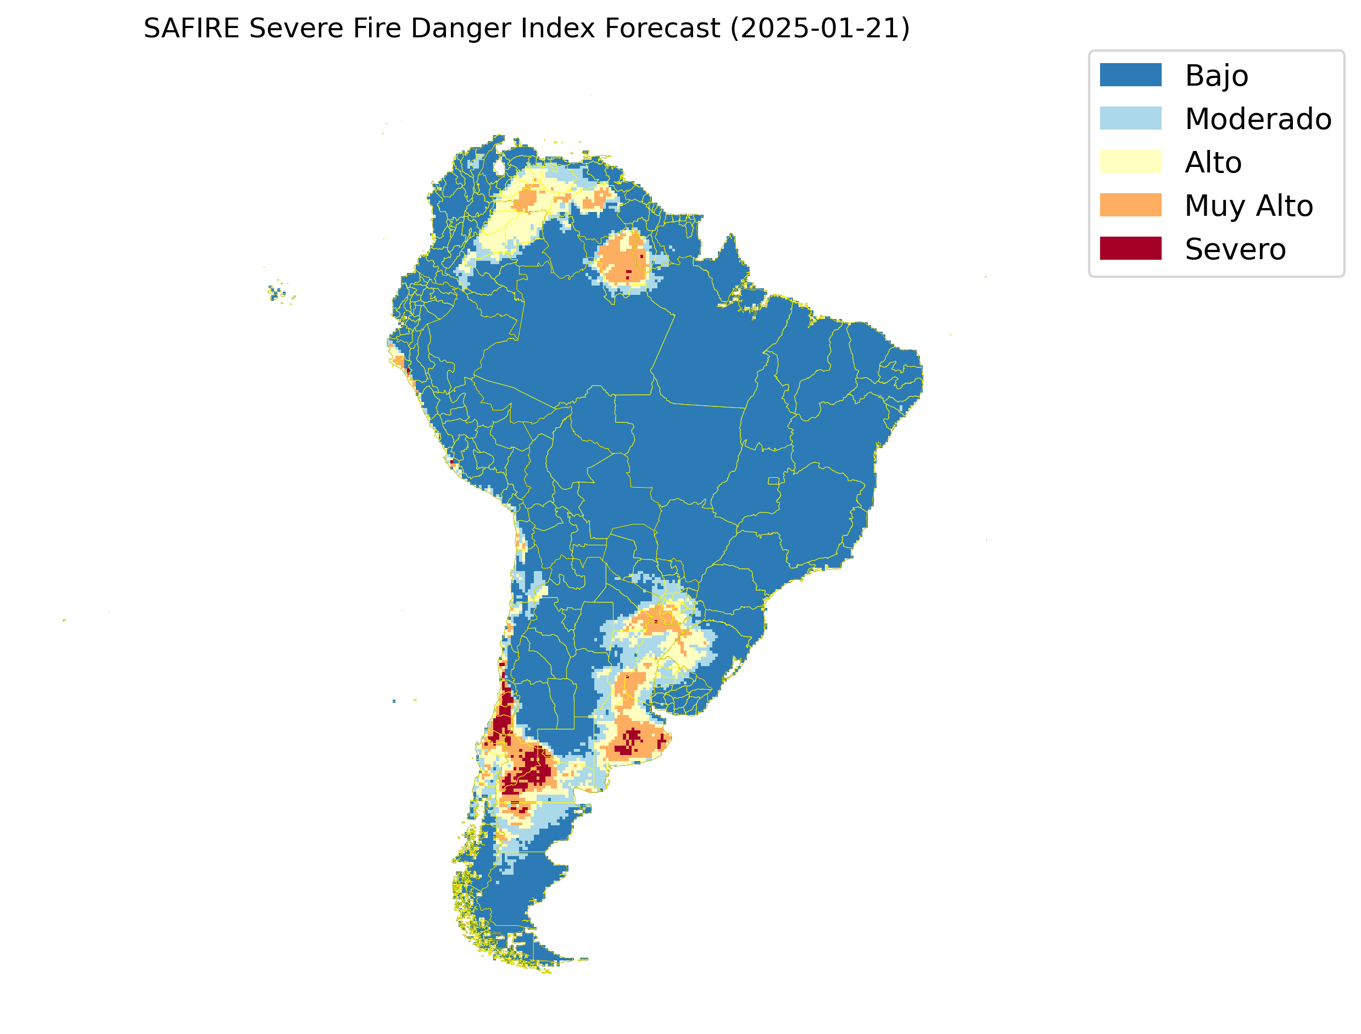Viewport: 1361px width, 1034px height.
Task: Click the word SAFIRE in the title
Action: tap(191, 29)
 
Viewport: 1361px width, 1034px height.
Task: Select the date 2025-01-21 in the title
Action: tap(819, 29)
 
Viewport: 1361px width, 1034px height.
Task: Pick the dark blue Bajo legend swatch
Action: tap(1130, 75)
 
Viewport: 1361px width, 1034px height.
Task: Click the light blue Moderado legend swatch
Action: tap(1130, 118)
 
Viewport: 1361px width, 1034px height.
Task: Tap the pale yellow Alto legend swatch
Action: tap(1130, 162)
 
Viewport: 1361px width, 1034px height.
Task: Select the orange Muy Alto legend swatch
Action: tap(1130, 205)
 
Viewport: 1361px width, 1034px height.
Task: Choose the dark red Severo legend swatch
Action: tap(1130, 248)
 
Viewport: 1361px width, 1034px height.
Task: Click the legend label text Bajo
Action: tap(1217, 76)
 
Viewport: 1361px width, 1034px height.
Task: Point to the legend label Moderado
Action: tap(1258, 119)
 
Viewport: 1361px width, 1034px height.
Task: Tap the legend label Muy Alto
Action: tap(1248, 205)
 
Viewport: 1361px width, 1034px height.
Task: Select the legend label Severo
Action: tap(1235, 249)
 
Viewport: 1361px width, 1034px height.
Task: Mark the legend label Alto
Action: tap(1213, 163)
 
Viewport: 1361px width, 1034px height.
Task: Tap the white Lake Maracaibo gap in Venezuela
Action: tap(499, 166)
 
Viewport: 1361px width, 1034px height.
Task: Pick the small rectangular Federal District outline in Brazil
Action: tap(773, 480)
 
